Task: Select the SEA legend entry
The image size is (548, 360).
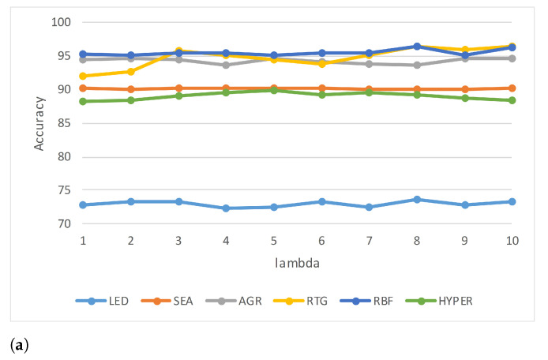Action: click(173, 301)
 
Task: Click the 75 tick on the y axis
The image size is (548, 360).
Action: click(66, 190)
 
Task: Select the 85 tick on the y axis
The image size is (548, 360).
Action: click(66, 123)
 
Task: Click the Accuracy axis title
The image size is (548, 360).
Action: click(39, 123)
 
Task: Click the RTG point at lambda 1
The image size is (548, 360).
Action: click(83, 76)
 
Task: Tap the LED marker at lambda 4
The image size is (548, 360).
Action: click(226, 208)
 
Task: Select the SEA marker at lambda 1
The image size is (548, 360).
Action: click(83, 88)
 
